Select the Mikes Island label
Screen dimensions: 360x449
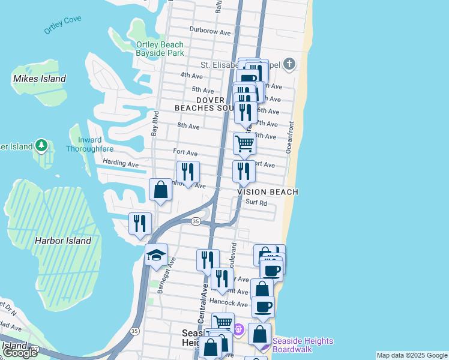pyautogui.click(x=39, y=79)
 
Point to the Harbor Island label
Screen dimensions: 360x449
pyautogui.click(x=62, y=241)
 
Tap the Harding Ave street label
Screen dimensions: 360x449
pyautogui.click(x=120, y=164)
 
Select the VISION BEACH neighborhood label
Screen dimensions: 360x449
pyautogui.click(x=268, y=192)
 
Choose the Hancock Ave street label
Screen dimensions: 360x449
pyautogui.click(x=229, y=304)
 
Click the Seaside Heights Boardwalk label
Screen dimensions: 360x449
pyautogui.click(x=303, y=345)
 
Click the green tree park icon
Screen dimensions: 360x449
pyautogui.click(x=41, y=145)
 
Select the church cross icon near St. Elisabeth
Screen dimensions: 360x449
pyautogui.click(x=289, y=64)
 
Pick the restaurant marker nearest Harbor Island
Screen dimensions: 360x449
pyautogui.click(x=140, y=224)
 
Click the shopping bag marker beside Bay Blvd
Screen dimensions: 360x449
pyautogui.click(x=160, y=190)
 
